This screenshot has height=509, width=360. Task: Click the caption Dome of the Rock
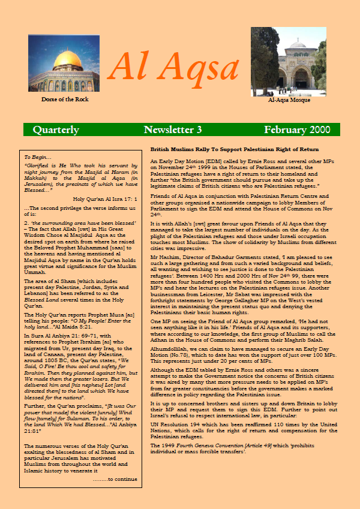point(65,99)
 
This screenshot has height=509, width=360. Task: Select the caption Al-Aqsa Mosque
point(289,101)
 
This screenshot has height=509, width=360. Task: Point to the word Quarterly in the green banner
point(56,129)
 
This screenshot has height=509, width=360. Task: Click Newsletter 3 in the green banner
point(173,129)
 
